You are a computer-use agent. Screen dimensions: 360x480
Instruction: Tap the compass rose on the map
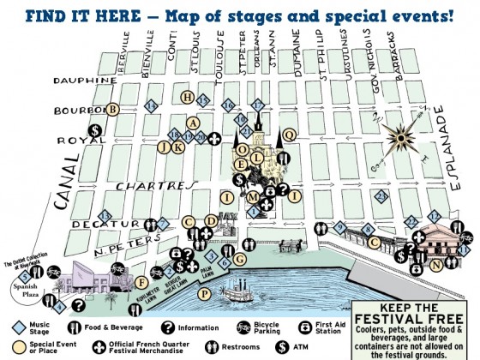tap(398, 135)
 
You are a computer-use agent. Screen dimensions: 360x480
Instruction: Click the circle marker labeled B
tap(111, 109)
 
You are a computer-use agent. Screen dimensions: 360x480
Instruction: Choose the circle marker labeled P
tap(203, 293)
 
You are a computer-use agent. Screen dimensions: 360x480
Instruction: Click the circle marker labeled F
tap(141, 282)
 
